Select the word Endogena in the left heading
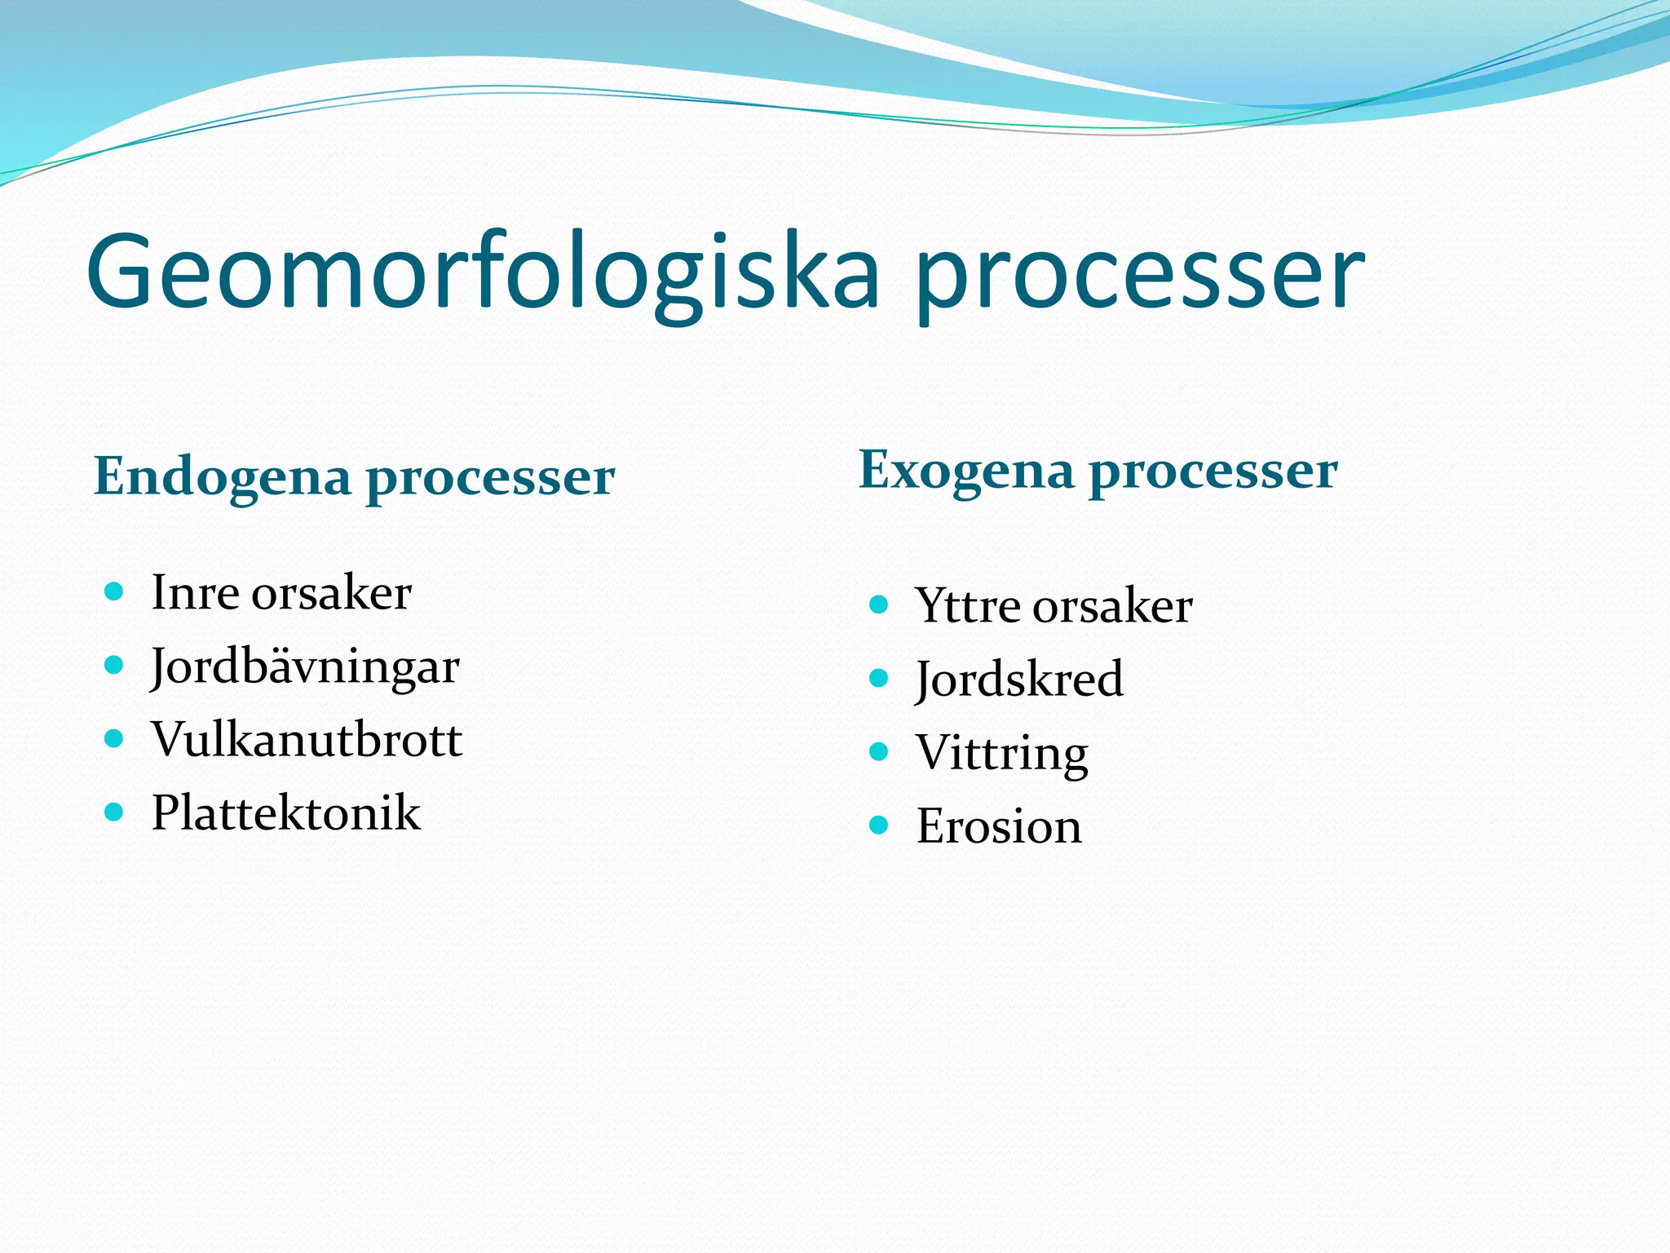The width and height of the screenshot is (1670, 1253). click(222, 476)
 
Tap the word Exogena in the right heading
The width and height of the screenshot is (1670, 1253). click(965, 471)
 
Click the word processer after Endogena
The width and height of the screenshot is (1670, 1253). click(490, 478)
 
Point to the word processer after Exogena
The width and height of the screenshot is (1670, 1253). click(1213, 472)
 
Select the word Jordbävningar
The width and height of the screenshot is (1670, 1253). click(305, 667)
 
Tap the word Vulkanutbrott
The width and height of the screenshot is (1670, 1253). click(307, 740)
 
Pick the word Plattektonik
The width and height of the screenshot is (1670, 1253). click(286, 813)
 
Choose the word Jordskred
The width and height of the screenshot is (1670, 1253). click(1019, 680)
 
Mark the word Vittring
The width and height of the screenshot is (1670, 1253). click(1001, 753)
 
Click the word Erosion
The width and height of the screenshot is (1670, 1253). click(999, 826)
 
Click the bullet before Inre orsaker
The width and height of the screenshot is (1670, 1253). click(114, 591)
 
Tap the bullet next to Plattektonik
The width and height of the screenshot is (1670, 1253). click(114, 812)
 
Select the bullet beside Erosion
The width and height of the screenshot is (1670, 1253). click(878, 826)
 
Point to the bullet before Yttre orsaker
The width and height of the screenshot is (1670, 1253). click(878, 604)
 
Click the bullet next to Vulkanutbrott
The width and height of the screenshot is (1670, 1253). click(114, 739)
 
